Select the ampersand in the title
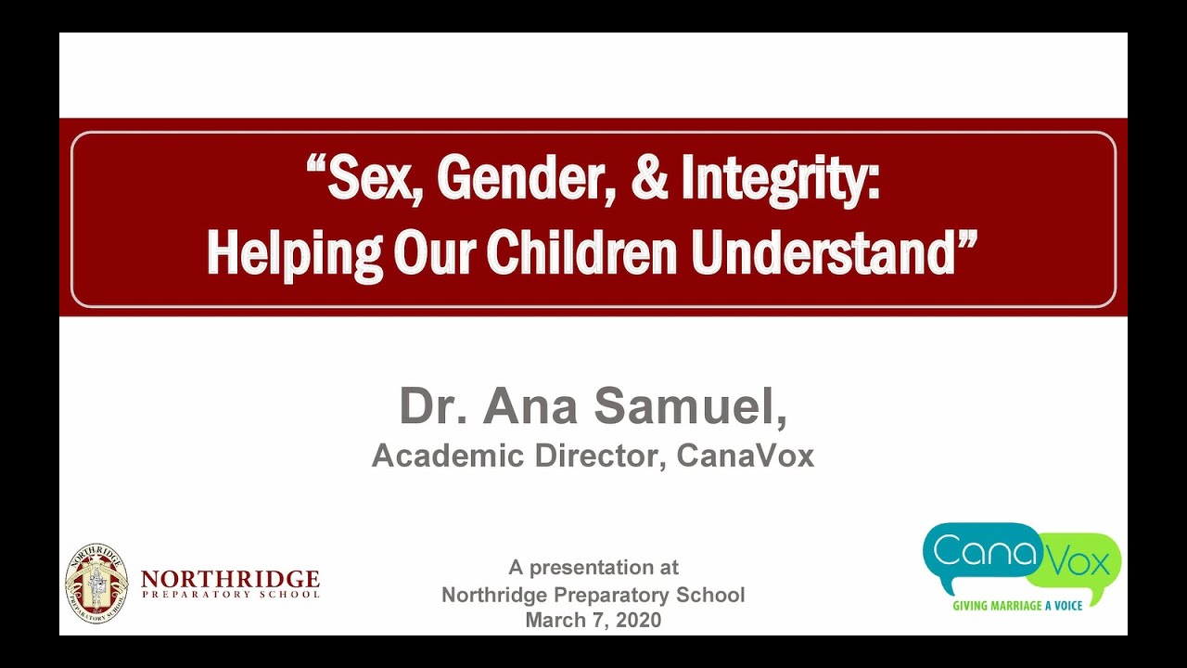point(648,179)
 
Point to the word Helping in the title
point(294,251)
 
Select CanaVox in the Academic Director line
point(746,456)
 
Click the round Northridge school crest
point(96,583)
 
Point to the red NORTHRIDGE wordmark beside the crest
point(230,580)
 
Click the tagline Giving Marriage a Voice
point(1017,606)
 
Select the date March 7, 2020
point(593,621)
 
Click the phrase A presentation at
point(593,567)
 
